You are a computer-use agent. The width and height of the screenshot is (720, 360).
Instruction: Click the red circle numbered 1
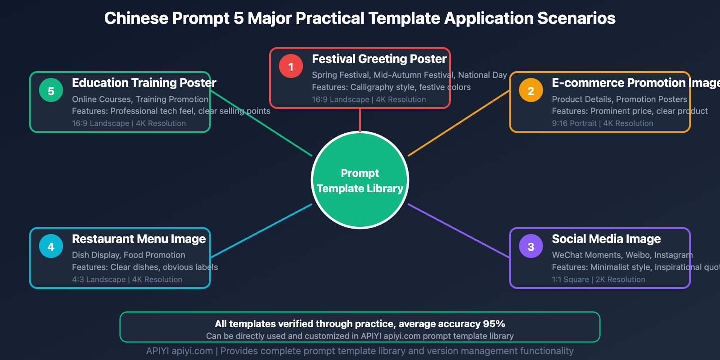coord(291,67)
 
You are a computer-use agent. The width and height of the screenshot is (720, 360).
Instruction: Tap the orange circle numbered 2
coord(531,90)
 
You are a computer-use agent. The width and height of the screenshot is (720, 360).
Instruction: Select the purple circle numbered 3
coord(531,247)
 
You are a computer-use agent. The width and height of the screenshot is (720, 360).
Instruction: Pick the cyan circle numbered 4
coord(51,247)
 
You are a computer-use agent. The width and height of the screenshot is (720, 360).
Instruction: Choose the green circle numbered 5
coord(51,90)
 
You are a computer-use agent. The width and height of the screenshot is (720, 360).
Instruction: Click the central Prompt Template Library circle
coord(360,180)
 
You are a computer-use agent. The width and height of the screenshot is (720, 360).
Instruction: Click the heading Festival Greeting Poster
coord(379,59)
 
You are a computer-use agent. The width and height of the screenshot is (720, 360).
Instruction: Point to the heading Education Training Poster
coord(144,83)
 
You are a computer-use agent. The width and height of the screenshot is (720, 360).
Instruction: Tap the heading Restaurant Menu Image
coord(139,239)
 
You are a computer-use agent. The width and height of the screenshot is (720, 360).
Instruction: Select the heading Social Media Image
coord(606,239)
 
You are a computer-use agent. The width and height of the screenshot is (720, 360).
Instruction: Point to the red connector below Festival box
coord(360,120)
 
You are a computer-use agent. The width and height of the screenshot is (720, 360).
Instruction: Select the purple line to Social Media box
coord(459,231)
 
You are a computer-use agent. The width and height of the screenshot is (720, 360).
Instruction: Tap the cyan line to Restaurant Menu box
coord(261,231)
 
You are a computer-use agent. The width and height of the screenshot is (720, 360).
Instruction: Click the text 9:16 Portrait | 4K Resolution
coord(603,123)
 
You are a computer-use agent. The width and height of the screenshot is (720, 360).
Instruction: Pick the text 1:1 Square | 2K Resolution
coord(598,279)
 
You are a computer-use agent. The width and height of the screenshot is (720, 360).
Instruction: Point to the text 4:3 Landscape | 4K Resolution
coord(127,279)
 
